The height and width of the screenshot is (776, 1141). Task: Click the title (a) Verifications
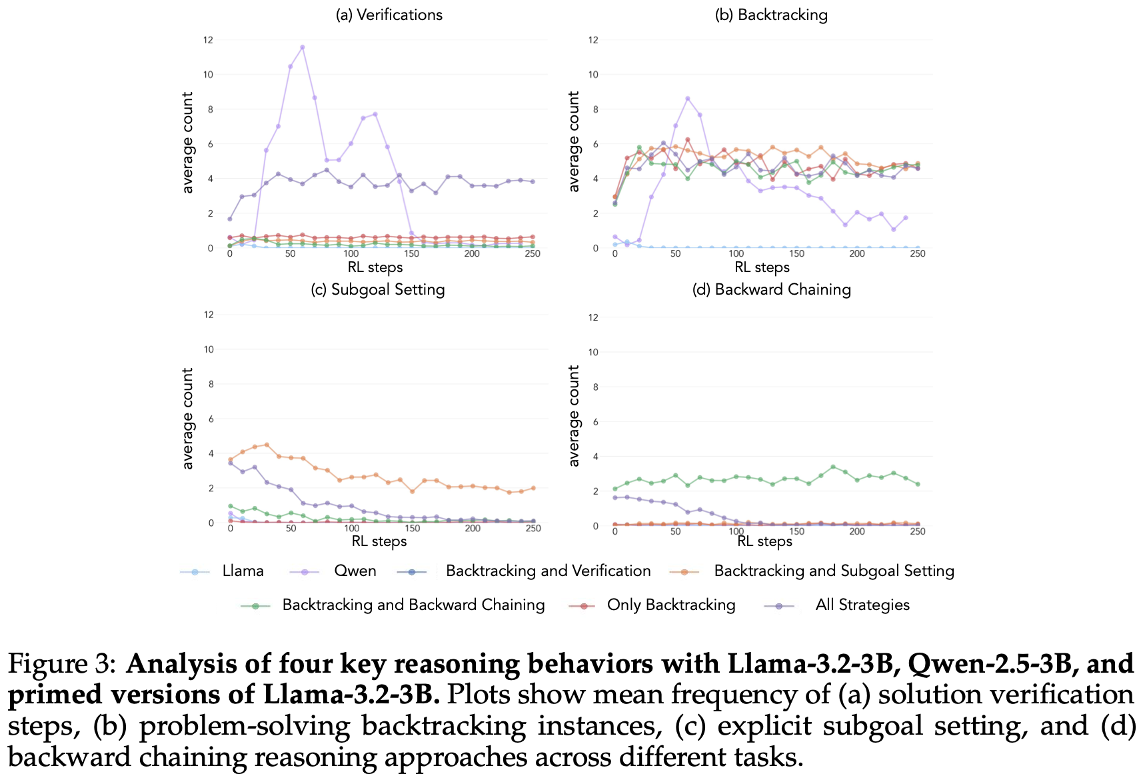pos(389,15)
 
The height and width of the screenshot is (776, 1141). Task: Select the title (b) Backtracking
pos(771,15)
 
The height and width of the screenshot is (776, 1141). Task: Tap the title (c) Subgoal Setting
pos(378,289)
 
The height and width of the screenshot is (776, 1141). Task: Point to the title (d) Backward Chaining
pos(772,289)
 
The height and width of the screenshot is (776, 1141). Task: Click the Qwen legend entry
pos(355,571)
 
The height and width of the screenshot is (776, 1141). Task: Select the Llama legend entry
pos(243,571)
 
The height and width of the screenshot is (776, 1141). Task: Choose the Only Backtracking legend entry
pos(670,605)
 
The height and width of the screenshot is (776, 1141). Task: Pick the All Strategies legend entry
pos(862,605)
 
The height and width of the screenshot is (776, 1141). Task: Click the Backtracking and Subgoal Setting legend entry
pos(834,571)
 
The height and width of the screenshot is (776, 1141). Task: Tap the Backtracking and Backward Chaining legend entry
pos(413,605)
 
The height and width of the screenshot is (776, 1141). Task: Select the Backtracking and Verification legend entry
pos(548,571)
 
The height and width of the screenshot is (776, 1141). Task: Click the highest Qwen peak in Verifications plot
pos(303,47)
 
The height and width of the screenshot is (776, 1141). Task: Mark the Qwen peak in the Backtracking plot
pos(688,99)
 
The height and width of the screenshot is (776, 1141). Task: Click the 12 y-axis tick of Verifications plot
pos(209,40)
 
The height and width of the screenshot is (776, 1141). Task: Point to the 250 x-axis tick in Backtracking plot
pos(918,254)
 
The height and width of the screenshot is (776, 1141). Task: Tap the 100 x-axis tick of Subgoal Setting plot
pos(351,529)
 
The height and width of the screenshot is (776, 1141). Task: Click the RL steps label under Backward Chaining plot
pos(764,541)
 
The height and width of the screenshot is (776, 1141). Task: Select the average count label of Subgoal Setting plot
pos(188,419)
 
